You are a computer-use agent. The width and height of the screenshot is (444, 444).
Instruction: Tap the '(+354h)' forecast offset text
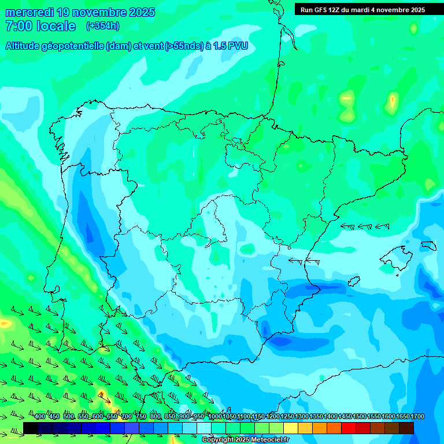point(102,25)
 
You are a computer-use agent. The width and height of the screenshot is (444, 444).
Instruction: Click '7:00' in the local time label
point(18,26)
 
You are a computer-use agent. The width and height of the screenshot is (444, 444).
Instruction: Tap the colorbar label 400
point(40,417)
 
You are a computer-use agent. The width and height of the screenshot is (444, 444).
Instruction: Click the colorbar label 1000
point(216,417)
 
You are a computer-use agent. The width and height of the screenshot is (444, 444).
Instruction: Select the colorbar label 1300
point(302,417)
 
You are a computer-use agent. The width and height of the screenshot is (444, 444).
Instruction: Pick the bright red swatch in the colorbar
point(349,428)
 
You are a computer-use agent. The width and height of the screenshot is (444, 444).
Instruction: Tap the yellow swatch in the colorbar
point(290,428)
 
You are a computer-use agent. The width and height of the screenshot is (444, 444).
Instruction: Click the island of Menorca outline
point(428,246)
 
